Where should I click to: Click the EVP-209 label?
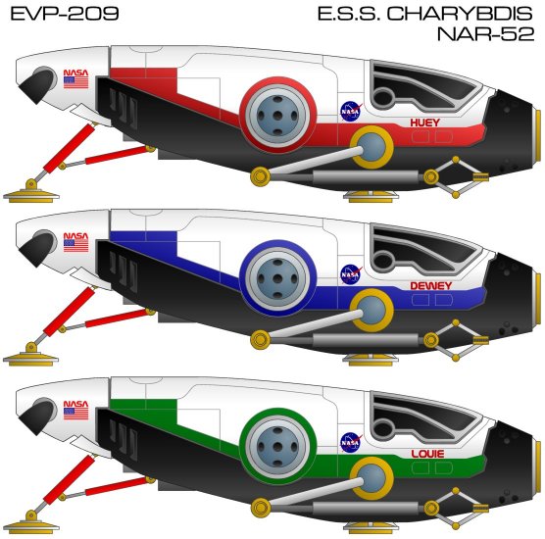click(x=65, y=14)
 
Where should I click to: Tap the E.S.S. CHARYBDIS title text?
click(x=425, y=14)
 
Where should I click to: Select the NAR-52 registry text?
click(x=485, y=34)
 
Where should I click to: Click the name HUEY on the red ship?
click(x=424, y=122)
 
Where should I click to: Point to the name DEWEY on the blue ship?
click(x=430, y=286)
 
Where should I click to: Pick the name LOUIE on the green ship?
click(x=427, y=454)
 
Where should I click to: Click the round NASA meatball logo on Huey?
click(x=350, y=111)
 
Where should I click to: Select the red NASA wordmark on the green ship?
click(x=75, y=404)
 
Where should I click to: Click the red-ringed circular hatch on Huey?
click(x=277, y=115)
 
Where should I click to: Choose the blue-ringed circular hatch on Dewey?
click(x=277, y=278)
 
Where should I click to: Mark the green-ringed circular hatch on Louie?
click(x=277, y=446)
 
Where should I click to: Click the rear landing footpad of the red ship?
click(x=31, y=194)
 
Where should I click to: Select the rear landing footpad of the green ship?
click(x=31, y=524)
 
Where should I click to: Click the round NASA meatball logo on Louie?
click(x=350, y=442)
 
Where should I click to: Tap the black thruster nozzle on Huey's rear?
click(x=36, y=81)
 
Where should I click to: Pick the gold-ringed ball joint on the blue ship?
click(x=372, y=311)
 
